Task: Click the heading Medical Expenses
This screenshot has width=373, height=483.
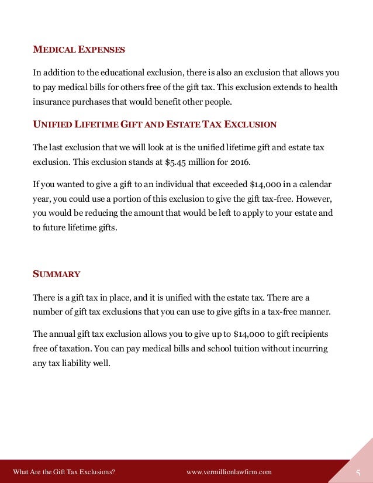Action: click(x=78, y=50)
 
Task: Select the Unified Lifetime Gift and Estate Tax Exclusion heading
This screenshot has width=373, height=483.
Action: click(x=154, y=125)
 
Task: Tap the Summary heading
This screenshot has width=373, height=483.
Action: click(x=56, y=274)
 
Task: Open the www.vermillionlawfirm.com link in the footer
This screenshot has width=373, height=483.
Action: click(x=229, y=472)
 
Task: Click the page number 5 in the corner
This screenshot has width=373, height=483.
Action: click(x=358, y=472)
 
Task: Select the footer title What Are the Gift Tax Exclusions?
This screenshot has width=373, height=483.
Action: click(x=64, y=472)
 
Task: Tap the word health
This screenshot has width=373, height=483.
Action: click(x=326, y=87)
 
